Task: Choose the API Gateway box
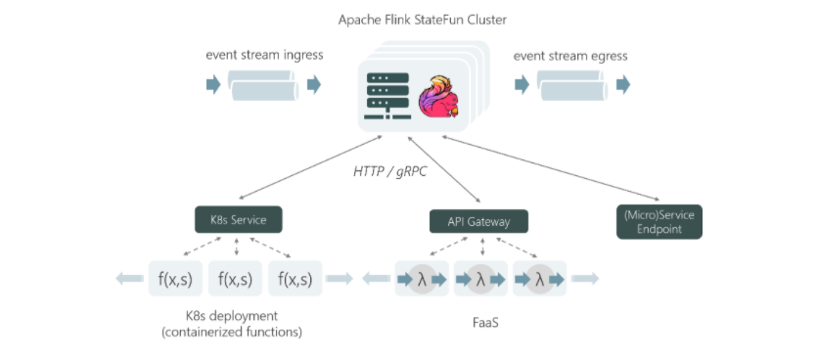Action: pos(478,222)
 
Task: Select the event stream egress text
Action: pos(570,55)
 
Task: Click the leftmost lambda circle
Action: pos(422,280)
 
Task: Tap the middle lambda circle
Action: pos(479,280)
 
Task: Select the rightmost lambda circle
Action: pos(538,280)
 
